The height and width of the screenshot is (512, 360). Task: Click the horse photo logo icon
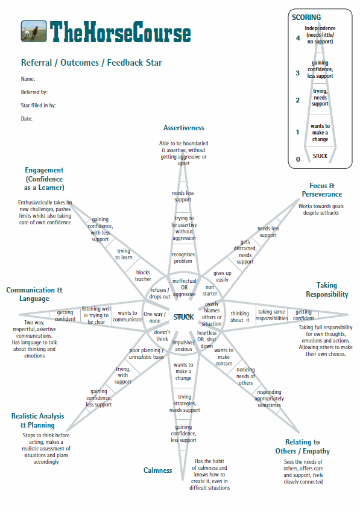[34, 31]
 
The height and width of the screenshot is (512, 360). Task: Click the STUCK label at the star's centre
[183, 317]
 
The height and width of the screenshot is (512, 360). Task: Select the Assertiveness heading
[184, 128]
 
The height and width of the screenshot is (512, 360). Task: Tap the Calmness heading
[157, 470]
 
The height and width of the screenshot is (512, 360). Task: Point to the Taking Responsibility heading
[327, 290]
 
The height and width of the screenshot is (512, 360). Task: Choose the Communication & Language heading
[34, 294]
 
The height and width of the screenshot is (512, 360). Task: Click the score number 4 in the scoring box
[298, 38]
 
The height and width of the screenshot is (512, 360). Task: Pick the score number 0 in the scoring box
[298, 159]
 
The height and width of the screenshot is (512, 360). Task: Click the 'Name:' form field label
[28, 79]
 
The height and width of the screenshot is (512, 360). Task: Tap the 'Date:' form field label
[27, 119]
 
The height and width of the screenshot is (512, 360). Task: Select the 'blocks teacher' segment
[143, 276]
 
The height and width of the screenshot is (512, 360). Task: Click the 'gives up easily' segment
[223, 276]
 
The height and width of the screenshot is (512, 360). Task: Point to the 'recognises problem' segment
[183, 258]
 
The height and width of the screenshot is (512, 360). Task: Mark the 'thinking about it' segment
[239, 317]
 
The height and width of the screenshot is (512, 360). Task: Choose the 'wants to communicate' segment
[128, 316]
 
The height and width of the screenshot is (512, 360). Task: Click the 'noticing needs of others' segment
[245, 376]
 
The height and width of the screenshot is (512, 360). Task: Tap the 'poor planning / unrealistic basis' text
[146, 353]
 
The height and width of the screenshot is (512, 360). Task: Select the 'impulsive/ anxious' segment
[183, 346]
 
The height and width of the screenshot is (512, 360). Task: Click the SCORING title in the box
[306, 17]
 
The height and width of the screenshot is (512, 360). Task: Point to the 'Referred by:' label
[34, 92]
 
